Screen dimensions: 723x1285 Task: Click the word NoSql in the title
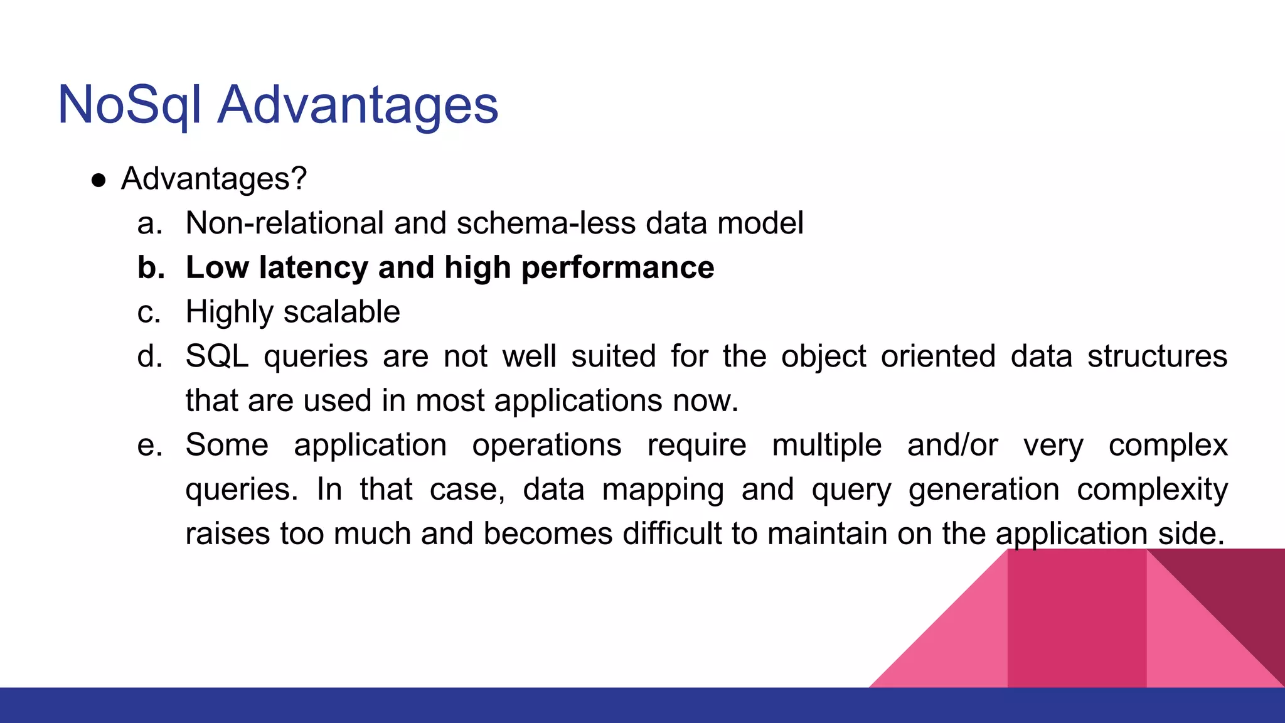tap(129, 105)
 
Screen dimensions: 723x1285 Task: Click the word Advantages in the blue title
tap(358, 105)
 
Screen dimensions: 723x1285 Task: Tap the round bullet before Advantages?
tap(99, 181)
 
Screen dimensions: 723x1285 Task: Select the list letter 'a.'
tap(150, 224)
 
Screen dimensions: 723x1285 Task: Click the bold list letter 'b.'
tap(151, 268)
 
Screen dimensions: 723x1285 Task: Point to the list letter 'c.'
tap(149, 313)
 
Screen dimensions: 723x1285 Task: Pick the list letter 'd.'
tap(150, 356)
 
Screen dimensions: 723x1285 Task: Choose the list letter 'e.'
tap(150, 446)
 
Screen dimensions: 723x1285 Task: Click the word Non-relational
tap(285, 223)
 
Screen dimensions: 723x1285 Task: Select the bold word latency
tap(314, 268)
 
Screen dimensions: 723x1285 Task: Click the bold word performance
tap(617, 268)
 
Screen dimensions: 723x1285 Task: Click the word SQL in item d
tap(216, 356)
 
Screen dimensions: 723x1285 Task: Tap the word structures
tap(1157, 356)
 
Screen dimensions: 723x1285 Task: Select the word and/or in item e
tap(952, 446)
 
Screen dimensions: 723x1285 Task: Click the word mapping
tap(663, 490)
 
